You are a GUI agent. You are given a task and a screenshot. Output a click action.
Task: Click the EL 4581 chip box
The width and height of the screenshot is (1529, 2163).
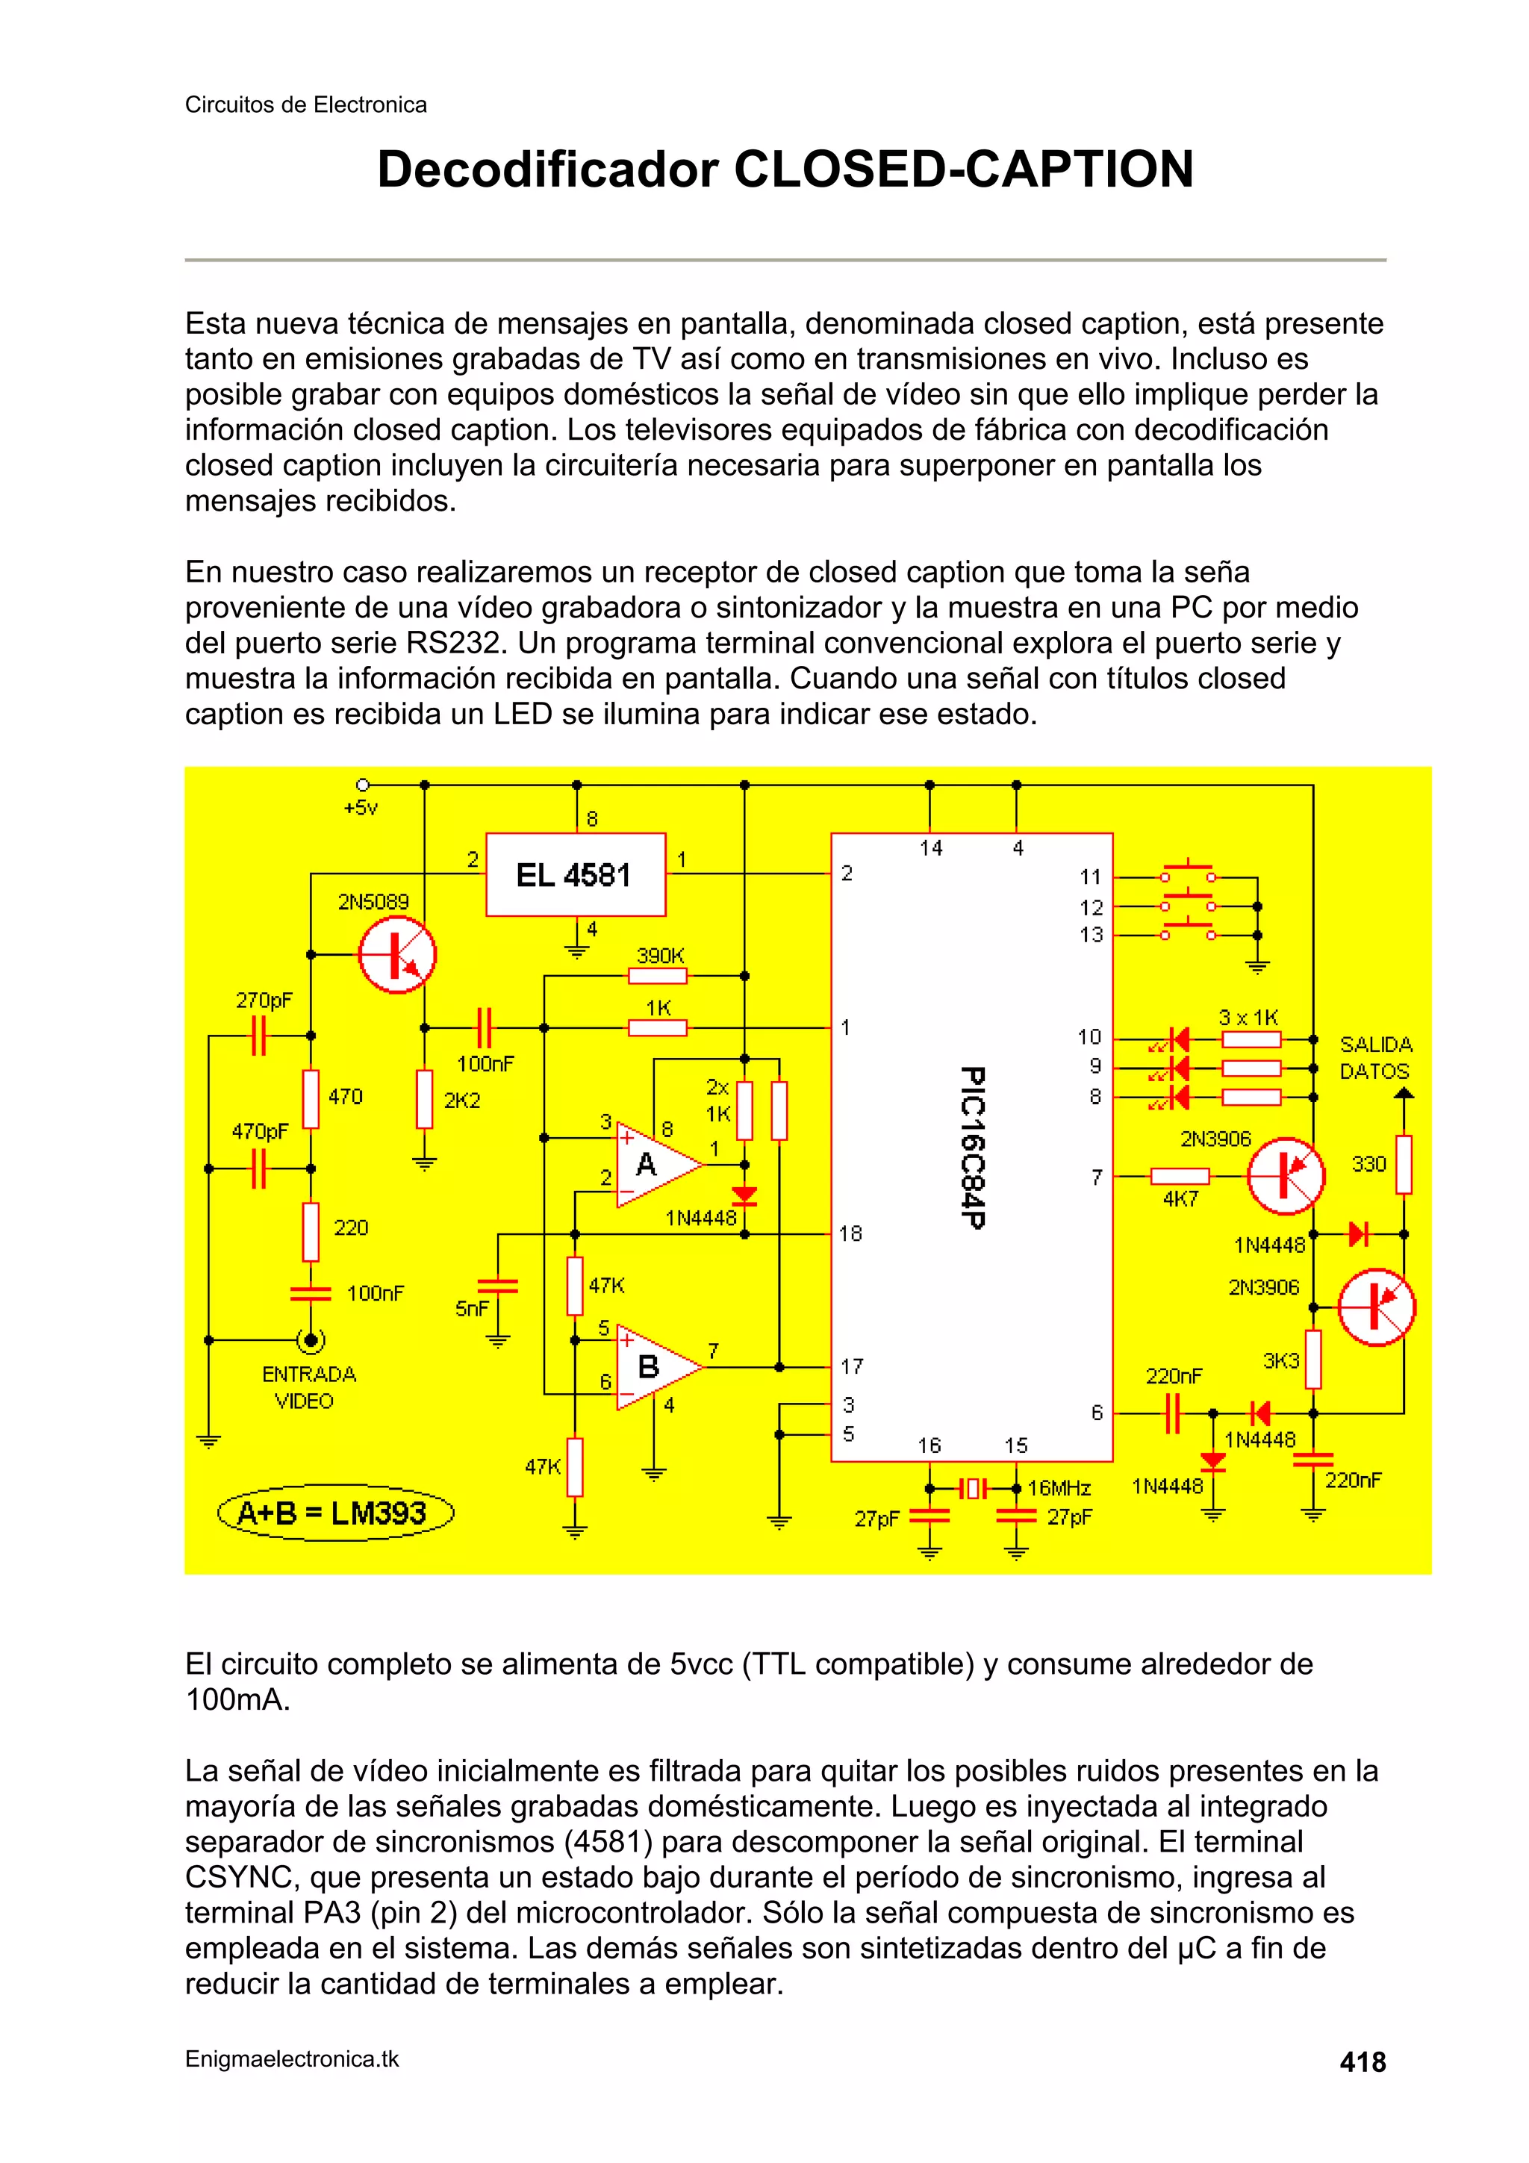[575, 874]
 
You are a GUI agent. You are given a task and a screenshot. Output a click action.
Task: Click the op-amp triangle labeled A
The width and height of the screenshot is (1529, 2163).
[655, 1165]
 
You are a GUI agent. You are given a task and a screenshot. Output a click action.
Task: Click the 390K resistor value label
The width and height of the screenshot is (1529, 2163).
[659, 956]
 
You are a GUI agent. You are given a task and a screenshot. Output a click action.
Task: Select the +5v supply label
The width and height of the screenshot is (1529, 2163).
[361, 807]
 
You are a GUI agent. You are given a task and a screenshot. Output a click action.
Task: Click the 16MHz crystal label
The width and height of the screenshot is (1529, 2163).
[1059, 1489]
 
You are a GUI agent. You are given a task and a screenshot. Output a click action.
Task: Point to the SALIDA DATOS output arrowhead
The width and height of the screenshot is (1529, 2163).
[1404, 1093]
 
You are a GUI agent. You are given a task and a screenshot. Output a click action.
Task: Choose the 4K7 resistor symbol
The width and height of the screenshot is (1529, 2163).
[1180, 1176]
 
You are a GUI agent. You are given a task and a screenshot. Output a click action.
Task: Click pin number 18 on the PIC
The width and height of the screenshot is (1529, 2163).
[850, 1233]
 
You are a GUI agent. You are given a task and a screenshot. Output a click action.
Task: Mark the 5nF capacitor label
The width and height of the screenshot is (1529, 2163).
[472, 1309]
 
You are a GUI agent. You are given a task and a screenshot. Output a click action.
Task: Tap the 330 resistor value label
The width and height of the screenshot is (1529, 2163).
[1368, 1165]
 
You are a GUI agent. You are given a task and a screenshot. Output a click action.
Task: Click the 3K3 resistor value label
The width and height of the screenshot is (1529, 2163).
[1280, 1360]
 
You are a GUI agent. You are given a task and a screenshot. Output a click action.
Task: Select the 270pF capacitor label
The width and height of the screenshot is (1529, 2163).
[264, 1000]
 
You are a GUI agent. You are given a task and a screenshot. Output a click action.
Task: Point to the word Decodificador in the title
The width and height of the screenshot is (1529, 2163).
[547, 169]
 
